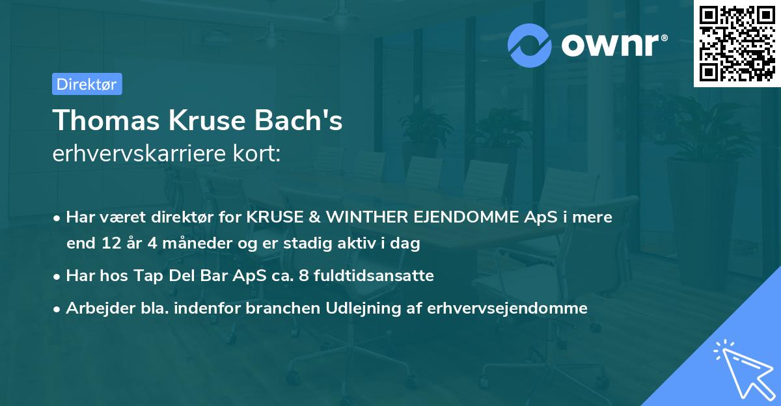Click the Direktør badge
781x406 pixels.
coord(87,84)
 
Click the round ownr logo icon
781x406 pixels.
coord(530,44)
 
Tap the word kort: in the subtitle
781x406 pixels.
coord(258,154)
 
